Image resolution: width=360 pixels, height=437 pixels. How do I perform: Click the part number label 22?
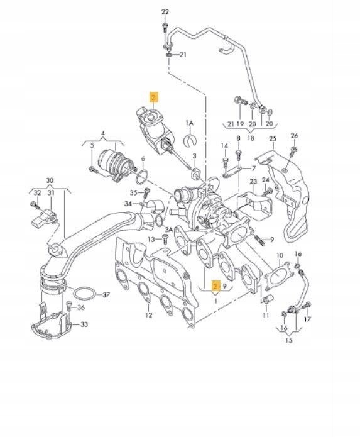[x=165, y=13]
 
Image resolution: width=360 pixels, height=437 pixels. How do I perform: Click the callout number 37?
[x=106, y=294]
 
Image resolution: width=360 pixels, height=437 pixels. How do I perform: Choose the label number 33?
[x=84, y=324]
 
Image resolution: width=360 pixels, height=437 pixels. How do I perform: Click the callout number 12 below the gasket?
[x=149, y=314]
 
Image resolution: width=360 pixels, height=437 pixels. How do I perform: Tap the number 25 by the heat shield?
[x=272, y=138]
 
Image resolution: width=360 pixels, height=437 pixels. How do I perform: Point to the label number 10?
[x=280, y=255]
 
